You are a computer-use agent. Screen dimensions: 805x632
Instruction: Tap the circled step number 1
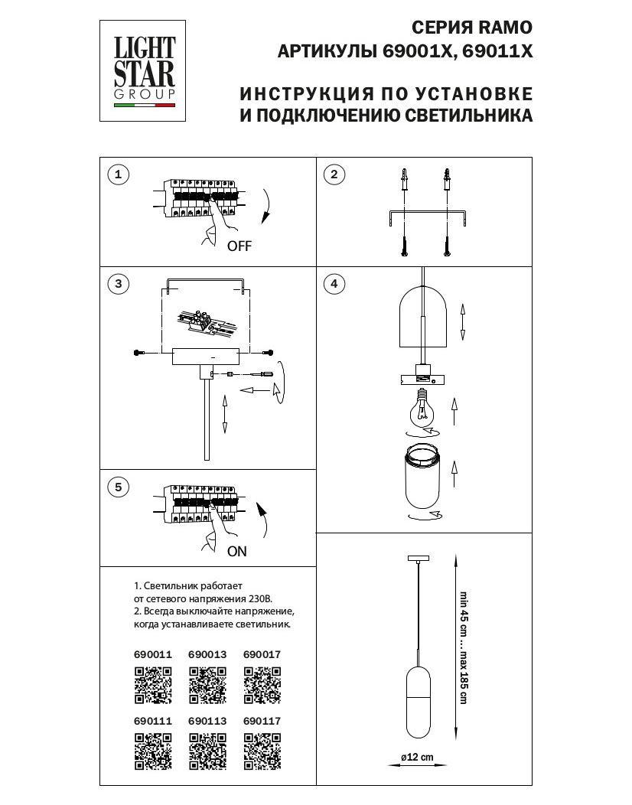[118, 175]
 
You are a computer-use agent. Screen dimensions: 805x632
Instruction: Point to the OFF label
[239, 246]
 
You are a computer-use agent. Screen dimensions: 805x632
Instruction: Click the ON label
[237, 551]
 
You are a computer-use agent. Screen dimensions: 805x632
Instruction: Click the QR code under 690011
[153, 684]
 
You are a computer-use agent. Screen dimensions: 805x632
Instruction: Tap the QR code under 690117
[262, 751]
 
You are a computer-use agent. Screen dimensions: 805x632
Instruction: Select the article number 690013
[207, 655]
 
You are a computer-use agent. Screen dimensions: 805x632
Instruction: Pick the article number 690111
[153, 721]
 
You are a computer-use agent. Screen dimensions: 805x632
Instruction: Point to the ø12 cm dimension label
[418, 758]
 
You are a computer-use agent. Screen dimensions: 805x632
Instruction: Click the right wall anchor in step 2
[446, 181]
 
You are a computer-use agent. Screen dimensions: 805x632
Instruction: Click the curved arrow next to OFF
[266, 206]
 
